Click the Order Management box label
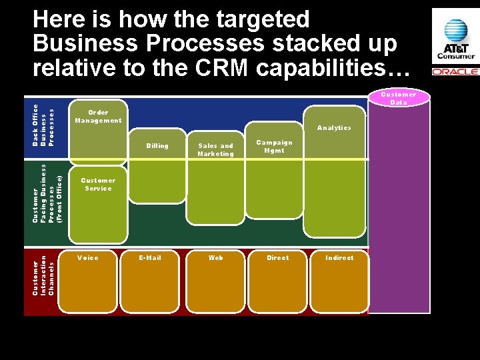tap(98, 117)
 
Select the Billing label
tap(157, 146)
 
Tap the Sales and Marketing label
tap(215, 150)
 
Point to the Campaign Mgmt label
tap(273, 147)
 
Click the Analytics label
tap(334, 128)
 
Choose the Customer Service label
tap(98, 185)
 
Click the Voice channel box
tap(93, 282)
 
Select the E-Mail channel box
tap(149, 282)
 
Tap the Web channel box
tap(215, 282)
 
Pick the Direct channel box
tap(278, 282)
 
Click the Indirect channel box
tap(339, 282)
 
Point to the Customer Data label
tap(398, 99)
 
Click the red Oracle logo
tap(455, 71)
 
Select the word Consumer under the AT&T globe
tap(456, 56)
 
